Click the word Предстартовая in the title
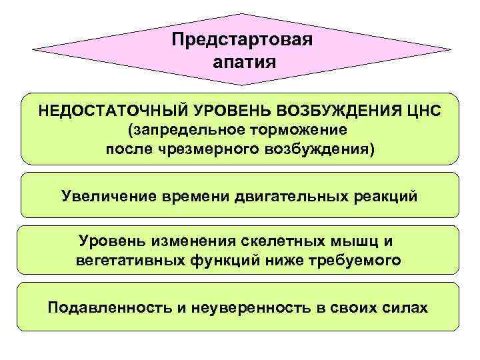[241, 40]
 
